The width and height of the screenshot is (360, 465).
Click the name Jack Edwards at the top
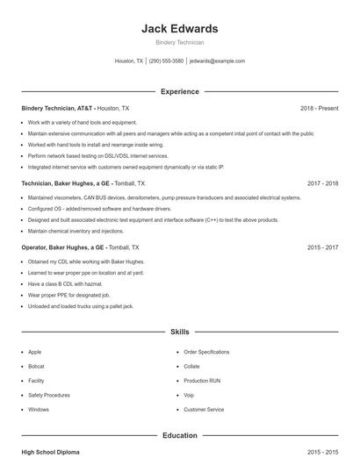coord(179,29)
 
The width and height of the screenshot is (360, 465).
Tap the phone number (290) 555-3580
coord(166,61)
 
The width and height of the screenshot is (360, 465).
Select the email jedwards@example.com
coord(217,61)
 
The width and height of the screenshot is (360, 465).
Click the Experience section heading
coord(179,91)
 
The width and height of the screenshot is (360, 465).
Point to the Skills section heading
coord(179,333)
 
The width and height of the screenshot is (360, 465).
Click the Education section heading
coord(179,434)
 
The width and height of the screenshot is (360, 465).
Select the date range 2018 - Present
coord(319,108)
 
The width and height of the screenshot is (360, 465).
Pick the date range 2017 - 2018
coord(322,183)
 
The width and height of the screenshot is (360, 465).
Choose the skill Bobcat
coord(36,366)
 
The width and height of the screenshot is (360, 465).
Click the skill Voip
coord(190,395)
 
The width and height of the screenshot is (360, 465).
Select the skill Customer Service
coord(204,410)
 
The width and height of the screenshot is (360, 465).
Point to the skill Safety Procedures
coord(48,395)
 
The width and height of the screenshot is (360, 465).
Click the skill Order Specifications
coord(206,352)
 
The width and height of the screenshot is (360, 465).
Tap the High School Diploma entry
coord(50,452)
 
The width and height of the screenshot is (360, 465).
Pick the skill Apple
coord(34,352)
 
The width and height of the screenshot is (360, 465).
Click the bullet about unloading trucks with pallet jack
coord(80,306)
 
